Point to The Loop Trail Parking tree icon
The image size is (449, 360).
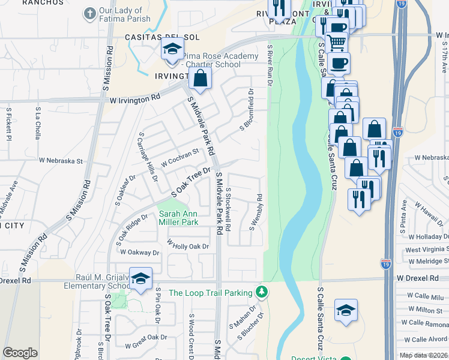[x=261, y=292]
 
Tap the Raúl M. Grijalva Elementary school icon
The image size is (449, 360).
[x=140, y=278]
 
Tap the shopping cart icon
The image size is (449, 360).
[x=337, y=42]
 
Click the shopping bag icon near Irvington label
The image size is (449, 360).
[x=200, y=78]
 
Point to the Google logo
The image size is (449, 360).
[x=20, y=352]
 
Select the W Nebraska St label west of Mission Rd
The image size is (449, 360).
[x=61, y=161]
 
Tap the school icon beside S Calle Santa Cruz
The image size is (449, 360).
[x=346, y=310]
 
